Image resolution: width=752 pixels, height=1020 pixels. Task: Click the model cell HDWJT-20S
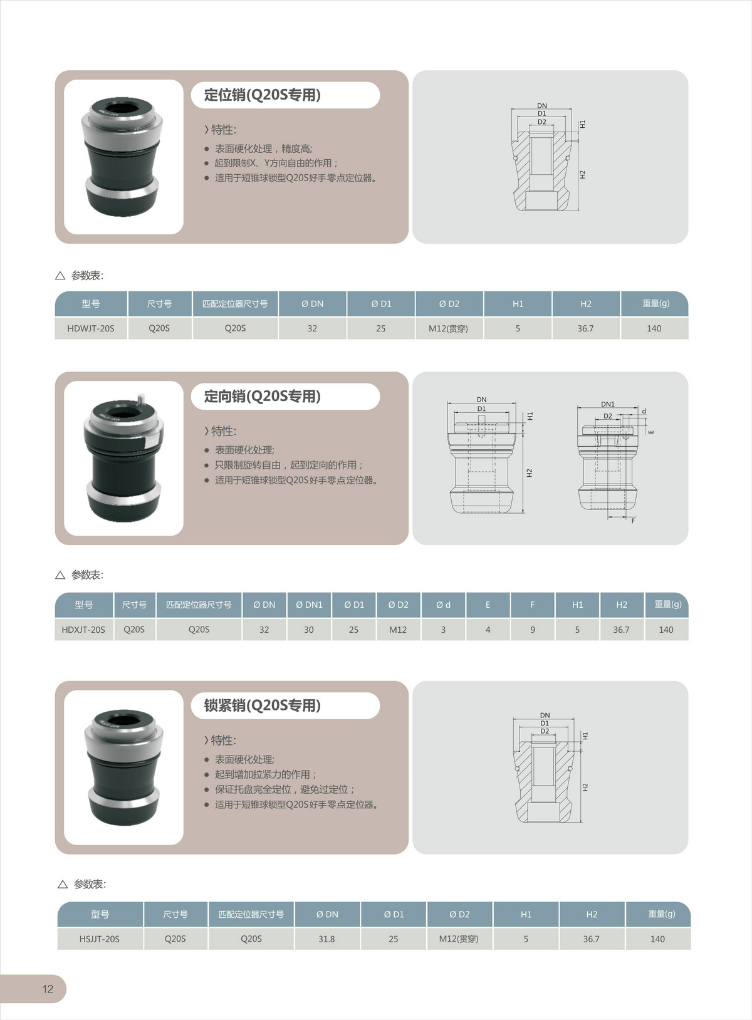coord(91,328)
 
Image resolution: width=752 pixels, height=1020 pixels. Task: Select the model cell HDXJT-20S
coord(83,630)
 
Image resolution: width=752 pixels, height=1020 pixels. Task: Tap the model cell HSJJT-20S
coord(99,939)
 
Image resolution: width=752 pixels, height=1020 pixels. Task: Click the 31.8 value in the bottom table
coord(326,939)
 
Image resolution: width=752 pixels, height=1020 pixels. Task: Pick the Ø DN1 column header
coord(310,605)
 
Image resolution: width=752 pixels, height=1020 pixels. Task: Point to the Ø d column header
coord(443,605)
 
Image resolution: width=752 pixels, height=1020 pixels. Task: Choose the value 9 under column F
coord(533,630)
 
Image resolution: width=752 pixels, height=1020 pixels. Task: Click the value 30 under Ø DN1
coord(309,630)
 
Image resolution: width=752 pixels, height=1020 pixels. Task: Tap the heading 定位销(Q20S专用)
coord(263,95)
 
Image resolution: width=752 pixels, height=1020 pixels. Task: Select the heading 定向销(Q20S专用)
coord(263,396)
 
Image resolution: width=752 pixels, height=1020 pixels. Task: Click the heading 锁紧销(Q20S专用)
coord(263,705)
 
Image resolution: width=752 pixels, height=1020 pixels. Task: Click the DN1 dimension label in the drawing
coord(608,404)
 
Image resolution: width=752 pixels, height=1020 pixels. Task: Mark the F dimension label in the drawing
coord(633,521)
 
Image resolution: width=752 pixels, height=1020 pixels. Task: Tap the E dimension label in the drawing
coord(651,432)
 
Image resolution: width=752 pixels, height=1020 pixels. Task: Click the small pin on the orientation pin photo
coord(141,400)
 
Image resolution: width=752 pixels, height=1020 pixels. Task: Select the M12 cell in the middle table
coord(398,630)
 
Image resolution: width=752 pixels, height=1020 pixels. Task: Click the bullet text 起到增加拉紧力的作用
coord(266,774)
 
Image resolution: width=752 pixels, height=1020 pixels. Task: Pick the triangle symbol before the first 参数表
coord(60,276)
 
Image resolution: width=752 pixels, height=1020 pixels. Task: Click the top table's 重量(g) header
coord(656,303)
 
